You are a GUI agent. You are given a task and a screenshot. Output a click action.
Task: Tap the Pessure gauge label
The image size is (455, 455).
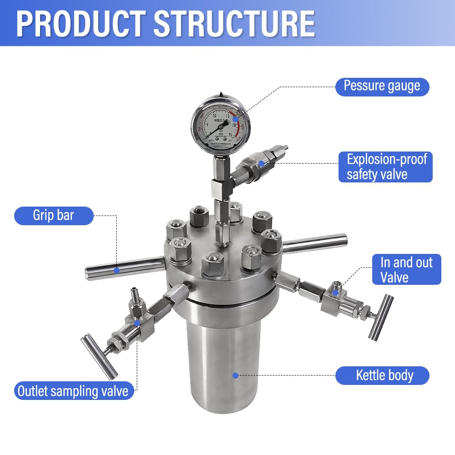pyautogui.click(x=382, y=86)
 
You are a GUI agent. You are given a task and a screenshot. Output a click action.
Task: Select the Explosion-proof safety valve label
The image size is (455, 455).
pyautogui.click(x=385, y=167)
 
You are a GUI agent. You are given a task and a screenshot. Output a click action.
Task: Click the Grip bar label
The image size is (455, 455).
pyautogui.click(x=54, y=215)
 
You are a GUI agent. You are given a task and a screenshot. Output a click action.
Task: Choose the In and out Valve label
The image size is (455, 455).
pyautogui.click(x=406, y=269)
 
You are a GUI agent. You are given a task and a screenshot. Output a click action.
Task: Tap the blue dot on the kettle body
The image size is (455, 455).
pyautogui.click(x=235, y=375)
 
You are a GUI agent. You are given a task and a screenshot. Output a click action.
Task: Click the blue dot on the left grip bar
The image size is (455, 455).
pyautogui.click(x=116, y=270)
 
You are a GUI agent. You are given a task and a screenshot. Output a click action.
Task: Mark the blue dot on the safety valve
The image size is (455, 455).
pyautogui.click(x=261, y=162)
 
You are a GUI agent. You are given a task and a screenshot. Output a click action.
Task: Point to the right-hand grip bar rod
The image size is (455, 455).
pyautogui.click(x=314, y=243)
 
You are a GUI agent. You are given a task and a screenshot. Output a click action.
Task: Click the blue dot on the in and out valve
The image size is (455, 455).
pyautogui.click(x=335, y=293)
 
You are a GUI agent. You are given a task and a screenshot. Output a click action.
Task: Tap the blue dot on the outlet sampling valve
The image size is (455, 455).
pyautogui.click(x=137, y=323)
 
